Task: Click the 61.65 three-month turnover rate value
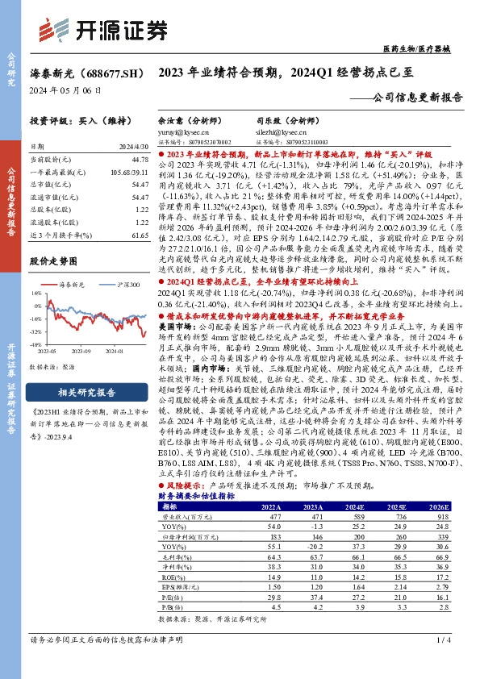[140, 231]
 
